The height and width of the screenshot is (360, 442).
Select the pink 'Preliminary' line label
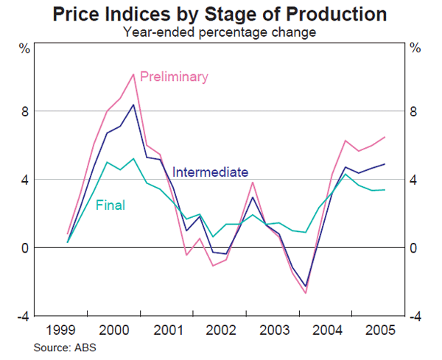pos(174,77)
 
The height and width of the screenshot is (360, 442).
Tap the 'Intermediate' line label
pos(210,172)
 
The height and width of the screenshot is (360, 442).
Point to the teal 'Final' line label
pos(110,205)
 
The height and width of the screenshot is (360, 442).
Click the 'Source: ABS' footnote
pos(63,346)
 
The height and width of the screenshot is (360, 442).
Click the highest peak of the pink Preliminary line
pos(133,74)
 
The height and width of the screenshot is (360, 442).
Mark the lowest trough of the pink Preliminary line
pos(305,293)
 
